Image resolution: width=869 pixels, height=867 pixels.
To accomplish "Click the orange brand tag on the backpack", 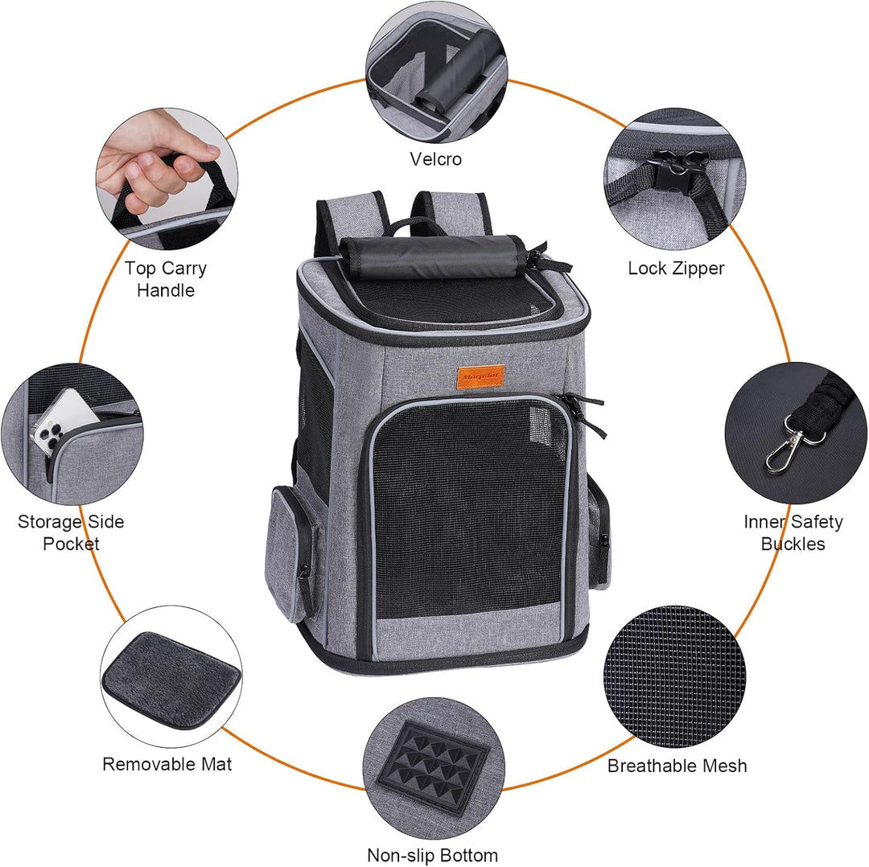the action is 480,377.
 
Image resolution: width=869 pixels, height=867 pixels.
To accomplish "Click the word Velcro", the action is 435,159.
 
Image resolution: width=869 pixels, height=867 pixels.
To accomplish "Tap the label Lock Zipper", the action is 676,268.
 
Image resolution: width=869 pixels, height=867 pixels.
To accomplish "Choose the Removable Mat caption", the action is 167,764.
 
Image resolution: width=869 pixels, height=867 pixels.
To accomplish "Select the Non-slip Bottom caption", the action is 432,855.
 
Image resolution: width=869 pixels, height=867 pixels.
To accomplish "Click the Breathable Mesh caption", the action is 677,766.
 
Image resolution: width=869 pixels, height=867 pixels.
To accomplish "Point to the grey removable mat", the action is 171,680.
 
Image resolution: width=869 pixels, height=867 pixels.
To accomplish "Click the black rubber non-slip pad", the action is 434,766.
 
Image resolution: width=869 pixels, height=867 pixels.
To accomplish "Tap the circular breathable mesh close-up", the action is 674,676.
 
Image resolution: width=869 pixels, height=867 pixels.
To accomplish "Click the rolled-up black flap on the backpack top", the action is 432,257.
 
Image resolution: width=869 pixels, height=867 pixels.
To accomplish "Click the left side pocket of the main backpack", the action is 290,554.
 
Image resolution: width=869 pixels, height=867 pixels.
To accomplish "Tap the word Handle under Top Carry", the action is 166,290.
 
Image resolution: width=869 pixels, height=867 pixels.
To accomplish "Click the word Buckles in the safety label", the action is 793,544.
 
